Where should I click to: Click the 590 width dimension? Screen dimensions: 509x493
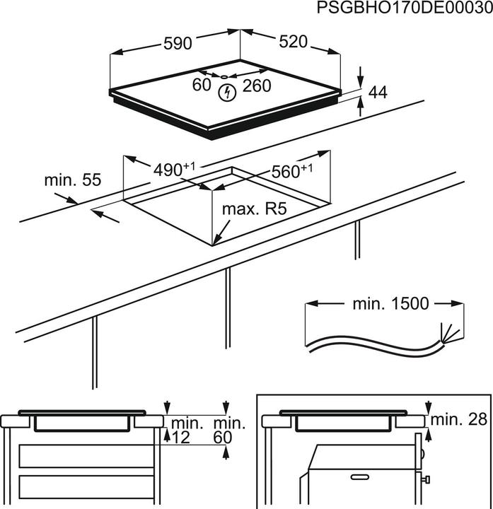pos(178,43)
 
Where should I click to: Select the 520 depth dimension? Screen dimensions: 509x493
pos(293,42)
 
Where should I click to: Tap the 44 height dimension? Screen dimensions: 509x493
pos(378,92)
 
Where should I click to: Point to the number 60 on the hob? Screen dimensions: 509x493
pos(202,86)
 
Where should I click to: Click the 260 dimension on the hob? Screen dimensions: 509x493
pos(257,86)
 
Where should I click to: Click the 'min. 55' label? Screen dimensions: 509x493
pos(73,180)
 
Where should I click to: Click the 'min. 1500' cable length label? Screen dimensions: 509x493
pos(381,304)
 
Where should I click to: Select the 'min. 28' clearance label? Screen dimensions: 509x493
pos(460,419)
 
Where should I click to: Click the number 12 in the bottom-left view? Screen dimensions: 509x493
pos(181,438)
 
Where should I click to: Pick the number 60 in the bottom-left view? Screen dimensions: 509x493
pos(223,438)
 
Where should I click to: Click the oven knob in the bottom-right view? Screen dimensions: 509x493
pos(427,481)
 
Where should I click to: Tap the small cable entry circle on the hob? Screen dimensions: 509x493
pos(223,77)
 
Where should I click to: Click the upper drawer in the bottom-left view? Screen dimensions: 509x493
pos(86,456)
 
